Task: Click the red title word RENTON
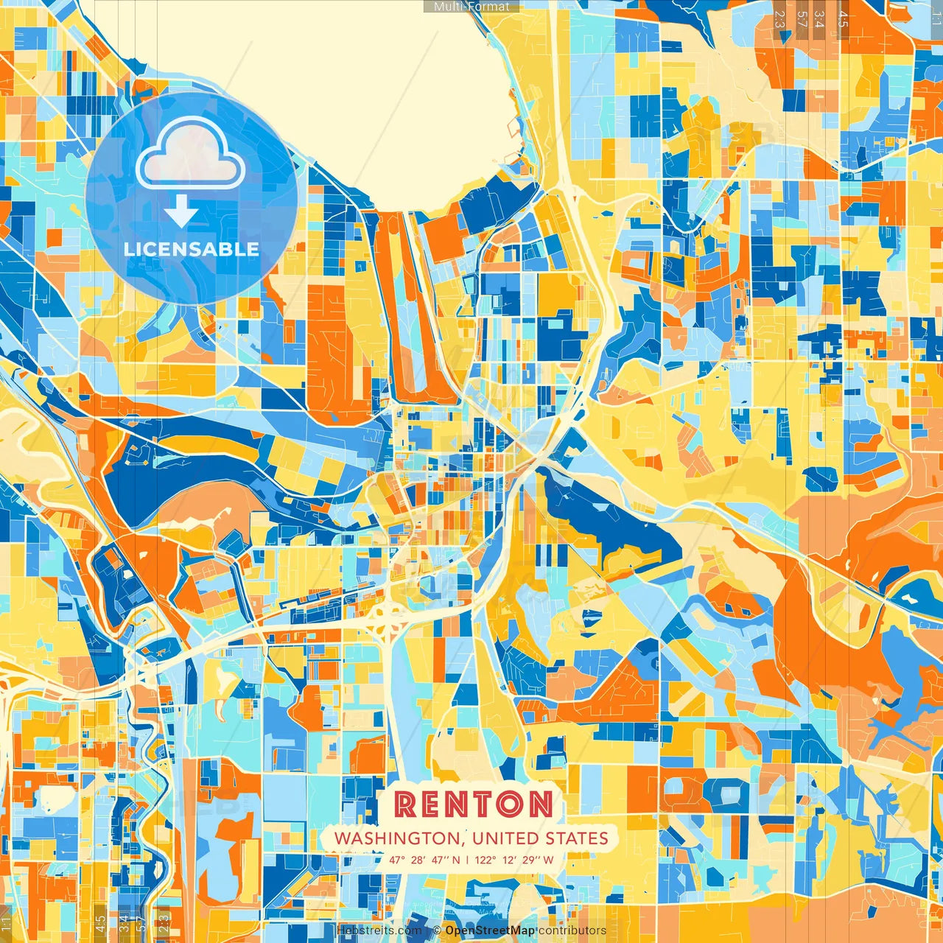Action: point(473,804)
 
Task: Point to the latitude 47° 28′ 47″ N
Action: point(424,860)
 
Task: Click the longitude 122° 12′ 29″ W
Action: point(514,860)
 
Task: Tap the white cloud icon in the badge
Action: point(191,154)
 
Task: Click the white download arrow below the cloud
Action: point(181,211)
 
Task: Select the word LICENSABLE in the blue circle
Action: point(192,249)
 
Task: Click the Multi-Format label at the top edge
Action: point(471,7)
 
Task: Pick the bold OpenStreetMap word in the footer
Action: point(490,930)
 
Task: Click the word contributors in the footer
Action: point(572,930)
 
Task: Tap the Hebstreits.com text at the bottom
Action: point(379,930)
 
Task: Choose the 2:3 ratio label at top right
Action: point(779,19)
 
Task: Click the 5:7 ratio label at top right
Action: point(802,19)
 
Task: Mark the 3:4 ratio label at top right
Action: point(819,19)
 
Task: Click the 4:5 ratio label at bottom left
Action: point(100,923)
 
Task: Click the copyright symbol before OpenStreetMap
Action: point(437,930)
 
